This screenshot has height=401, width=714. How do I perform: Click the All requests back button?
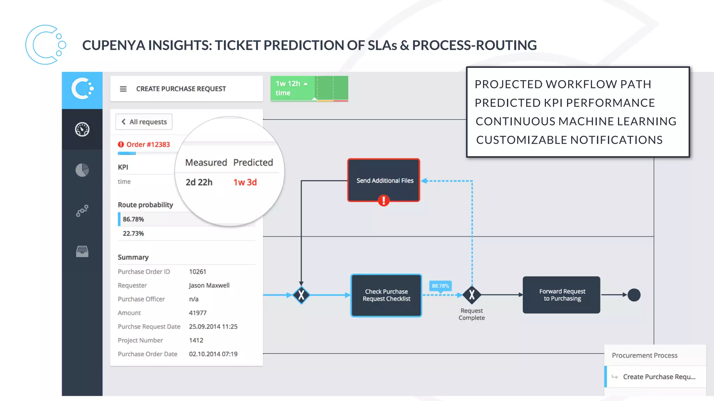(x=144, y=122)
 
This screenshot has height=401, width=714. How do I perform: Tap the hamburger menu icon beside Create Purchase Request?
(x=123, y=89)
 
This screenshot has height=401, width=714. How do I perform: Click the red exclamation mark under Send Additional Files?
(x=383, y=200)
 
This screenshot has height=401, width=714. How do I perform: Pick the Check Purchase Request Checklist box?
(x=386, y=295)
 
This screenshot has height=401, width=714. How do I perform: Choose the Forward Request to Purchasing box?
(x=561, y=295)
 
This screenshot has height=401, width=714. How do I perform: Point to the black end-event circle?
(x=634, y=295)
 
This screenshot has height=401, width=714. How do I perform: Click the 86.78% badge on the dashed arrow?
(x=440, y=286)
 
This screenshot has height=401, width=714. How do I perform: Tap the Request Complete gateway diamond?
(x=472, y=295)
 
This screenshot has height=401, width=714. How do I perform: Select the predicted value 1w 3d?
(x=245, y=182)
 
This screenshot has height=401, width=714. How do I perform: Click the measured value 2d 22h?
(x=199, y=182)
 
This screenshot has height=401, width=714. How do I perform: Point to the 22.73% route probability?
(x=133, y=234)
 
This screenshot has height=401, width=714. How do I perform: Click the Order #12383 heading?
(x=148, y=144)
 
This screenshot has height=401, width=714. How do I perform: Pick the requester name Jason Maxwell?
(x=209, y=285)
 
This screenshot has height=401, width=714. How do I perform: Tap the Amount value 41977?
(x=198, y=313)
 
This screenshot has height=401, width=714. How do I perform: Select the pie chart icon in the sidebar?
(x=82, y=170)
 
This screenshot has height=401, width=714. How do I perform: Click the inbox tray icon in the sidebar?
(x=82, y=251)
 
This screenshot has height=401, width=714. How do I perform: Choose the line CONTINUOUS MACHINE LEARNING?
(x=576, y=121)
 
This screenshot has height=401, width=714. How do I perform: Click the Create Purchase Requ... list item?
(x=659, y=377)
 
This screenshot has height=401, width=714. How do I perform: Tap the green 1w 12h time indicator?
(x=292, y=88)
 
